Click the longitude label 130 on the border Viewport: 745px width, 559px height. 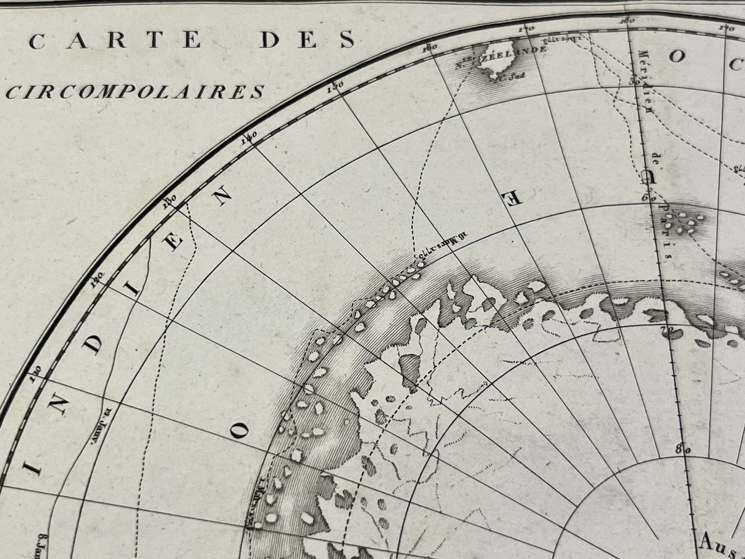tap(169, 200)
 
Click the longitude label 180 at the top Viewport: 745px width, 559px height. tap(627, 21)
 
